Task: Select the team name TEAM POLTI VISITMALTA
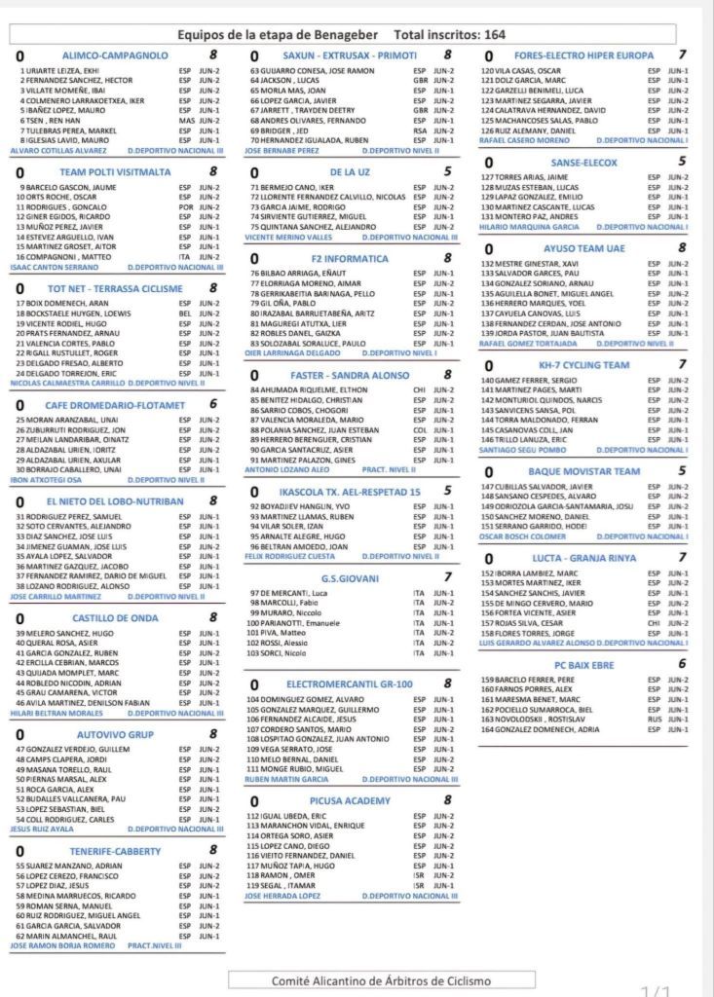tap(116, 172)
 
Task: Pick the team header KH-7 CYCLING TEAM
tap(583, 364)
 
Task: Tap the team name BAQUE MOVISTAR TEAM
tap(583, 471)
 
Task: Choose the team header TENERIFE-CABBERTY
tap(116, 850)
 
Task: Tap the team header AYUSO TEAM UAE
tap(583, 248)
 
